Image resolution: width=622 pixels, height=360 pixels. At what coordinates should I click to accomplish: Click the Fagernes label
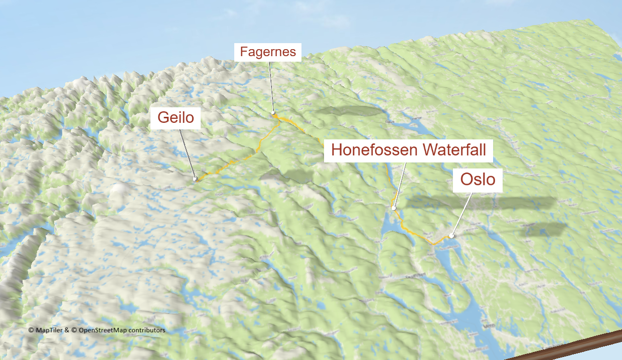point(268,52)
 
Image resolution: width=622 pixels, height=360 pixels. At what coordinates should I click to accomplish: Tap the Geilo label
point(176,118)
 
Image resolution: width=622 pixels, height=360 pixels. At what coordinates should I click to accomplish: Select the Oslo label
point(478,179)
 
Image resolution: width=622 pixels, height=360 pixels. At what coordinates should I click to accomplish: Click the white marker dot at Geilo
point(195,178)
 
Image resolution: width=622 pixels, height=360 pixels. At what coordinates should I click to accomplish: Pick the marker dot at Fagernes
point(273,113)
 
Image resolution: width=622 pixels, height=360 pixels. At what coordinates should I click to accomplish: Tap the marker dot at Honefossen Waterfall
point(394,207)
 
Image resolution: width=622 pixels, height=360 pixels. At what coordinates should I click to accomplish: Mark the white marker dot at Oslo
point(451,235)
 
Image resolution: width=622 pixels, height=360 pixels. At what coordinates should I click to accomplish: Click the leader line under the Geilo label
point(187,153)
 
